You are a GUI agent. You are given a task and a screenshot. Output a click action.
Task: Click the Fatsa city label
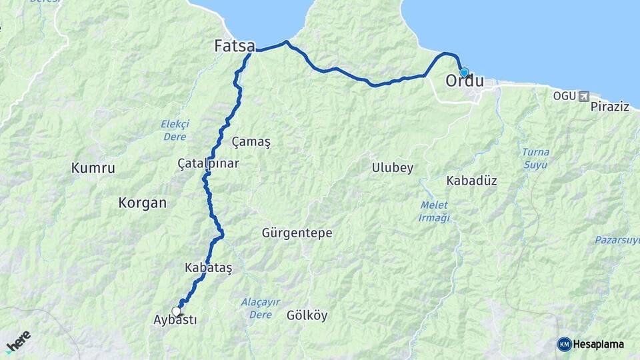(234, 46)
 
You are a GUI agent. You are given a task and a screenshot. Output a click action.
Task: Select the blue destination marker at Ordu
(464, 73)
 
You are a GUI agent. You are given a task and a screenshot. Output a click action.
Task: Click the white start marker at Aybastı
(177, 311)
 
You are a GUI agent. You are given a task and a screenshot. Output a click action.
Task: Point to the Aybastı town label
(175, 320)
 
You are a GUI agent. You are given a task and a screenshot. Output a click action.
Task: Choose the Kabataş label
(209, 267)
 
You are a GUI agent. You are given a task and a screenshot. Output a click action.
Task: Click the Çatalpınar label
(208, 163)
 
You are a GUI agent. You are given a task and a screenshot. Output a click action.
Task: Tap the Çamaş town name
(251, 141)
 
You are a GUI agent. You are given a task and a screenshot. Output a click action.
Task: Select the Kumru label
(93, 168)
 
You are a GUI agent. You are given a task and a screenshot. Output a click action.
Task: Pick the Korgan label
(142, 203)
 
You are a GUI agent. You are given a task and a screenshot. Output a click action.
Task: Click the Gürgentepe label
(297, 233)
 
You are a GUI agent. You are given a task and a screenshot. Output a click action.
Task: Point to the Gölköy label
(307, 315)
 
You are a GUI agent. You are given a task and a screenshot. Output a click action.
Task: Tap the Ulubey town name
(393, 167)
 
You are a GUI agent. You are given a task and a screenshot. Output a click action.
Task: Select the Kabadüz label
(471, 181)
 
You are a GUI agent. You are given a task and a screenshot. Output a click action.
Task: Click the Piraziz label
(609, 107)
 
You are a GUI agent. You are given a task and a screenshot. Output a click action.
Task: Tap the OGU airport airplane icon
(585, 96)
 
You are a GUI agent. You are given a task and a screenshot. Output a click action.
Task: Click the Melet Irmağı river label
(435, 211)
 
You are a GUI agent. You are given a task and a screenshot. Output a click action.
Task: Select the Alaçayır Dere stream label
(261, 308)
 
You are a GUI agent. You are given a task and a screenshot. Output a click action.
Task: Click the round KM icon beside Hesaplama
(564, 344)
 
